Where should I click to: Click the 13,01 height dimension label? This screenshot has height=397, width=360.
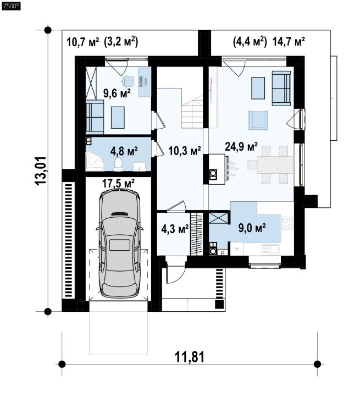(41, 171)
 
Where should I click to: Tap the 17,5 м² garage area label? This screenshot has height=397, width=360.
(118, 183)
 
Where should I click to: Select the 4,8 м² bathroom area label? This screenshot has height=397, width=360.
(124, 151)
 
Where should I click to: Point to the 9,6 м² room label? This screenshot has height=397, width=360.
(117, 93)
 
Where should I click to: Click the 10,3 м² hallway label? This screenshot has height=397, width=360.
(185, 151)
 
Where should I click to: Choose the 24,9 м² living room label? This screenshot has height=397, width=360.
(241, 146)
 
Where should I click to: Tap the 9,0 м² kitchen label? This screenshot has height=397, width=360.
(252, 228)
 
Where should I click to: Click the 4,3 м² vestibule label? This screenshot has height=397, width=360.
(175, 229)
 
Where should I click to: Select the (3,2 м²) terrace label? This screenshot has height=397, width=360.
(121, 42)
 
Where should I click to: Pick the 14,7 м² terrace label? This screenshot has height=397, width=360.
(289, 41)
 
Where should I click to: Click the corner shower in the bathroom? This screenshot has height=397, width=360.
(95, 162)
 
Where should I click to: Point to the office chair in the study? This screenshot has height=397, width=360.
(129, 81)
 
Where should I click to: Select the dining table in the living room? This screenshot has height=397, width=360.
(274, 165)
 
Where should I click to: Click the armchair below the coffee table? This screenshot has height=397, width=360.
(258, 120)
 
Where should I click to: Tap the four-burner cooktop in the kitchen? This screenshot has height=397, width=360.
(288, 223)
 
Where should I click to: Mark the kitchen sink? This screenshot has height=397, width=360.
(270, 249)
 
